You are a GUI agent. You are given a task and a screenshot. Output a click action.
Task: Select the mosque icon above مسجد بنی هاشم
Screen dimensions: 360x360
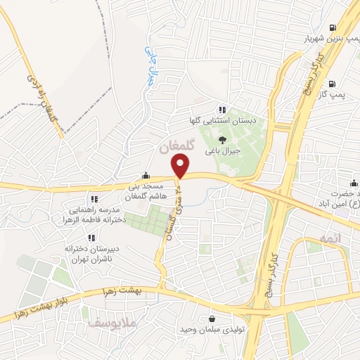(x=145, y=176)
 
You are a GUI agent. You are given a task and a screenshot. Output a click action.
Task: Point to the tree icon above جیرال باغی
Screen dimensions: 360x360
(x=223, y=140)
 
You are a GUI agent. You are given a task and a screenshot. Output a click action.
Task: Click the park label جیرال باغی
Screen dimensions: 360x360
(x=223, y=151)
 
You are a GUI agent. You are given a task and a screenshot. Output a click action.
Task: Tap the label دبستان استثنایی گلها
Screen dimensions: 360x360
(x=221, y=121)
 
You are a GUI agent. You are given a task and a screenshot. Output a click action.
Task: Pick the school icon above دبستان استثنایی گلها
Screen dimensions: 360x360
(x=222, y=110)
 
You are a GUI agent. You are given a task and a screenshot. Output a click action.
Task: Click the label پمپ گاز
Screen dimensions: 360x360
(x=342, y=94)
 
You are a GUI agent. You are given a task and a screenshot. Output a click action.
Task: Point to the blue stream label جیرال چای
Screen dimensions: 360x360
(x=149, y=67)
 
